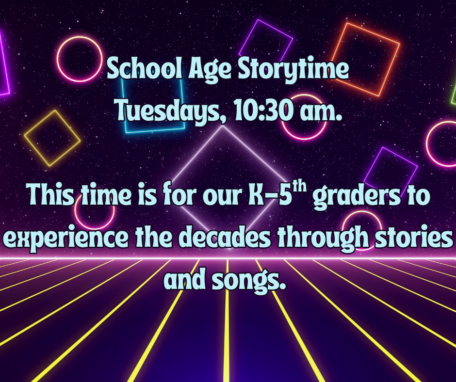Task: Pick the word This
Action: click(x=51, y=194)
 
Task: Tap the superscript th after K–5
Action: click(x=299, y=187)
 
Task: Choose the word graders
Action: click(x=357, y=196)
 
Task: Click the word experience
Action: click(x=65, y=239)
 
